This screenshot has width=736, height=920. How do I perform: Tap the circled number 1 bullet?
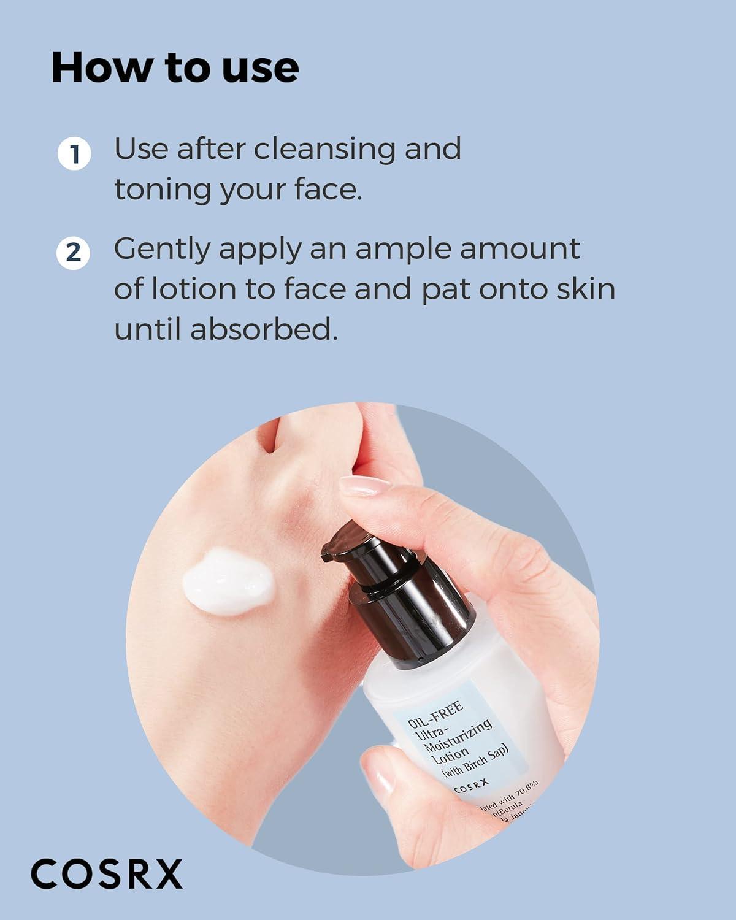click(74, 154)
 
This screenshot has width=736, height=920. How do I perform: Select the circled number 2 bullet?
click(74, 252)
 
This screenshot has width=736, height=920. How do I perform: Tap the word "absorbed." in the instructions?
click(264, 329)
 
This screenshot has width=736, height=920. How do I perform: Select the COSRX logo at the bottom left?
click(107, 873)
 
